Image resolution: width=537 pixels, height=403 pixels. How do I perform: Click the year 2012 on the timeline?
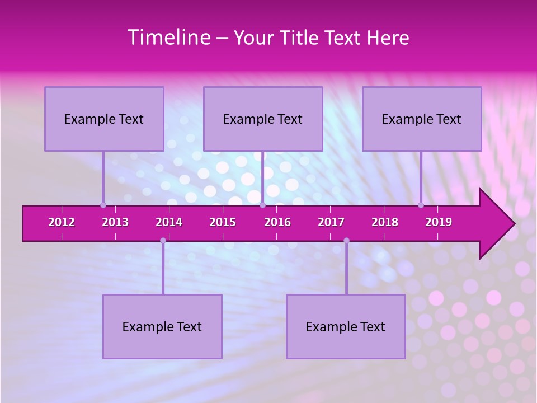click(x=62, y=222)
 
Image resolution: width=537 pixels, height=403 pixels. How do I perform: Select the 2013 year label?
click(x=115, y=222)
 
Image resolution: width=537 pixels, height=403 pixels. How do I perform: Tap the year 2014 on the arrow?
click(x=169, y=222)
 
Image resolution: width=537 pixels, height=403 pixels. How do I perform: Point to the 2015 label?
click(x=223, y=222)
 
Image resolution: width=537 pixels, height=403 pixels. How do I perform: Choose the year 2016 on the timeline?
click(x=277, y=222)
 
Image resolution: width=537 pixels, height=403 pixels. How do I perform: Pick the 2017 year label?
click(x=331, y=222)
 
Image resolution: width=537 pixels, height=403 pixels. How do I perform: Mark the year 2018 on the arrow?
click(x=385, y=222)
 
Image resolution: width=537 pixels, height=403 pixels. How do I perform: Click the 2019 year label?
click(x=439, y=222)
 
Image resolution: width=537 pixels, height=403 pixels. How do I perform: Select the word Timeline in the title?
click(x=168, y=38)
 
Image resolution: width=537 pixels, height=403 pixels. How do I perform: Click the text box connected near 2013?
click(x=104, y=119)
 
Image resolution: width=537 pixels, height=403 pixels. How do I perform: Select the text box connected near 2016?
click(x=263, y=119)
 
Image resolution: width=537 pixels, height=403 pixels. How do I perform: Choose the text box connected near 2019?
click(x=422, y=119)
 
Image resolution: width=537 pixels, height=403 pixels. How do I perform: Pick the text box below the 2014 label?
click(x=162, y=326)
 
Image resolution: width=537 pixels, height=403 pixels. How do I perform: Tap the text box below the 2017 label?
click(x=346, y=326)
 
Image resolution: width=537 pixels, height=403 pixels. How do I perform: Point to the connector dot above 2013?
click(x=103, y=205)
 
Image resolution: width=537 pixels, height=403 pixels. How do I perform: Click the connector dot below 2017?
click(x=346, y=241)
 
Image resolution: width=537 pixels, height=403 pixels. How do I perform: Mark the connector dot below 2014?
click(x=163, y=241)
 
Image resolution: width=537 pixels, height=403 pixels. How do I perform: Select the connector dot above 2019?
click(x=421, y=205)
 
